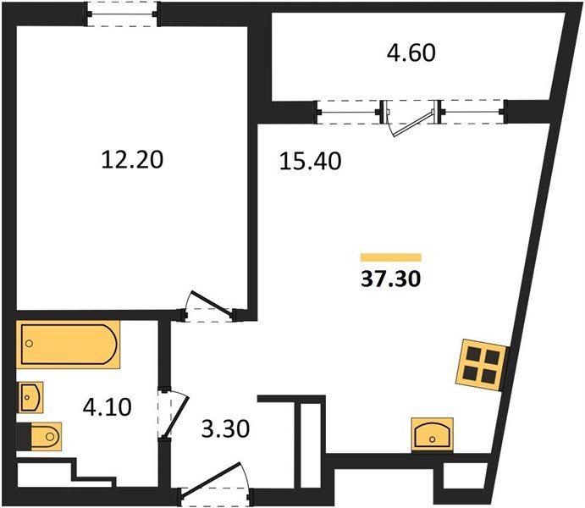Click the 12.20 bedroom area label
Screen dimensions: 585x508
[132, 160]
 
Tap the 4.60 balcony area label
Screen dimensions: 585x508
[411, 52]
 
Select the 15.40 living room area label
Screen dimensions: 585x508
[310, 162]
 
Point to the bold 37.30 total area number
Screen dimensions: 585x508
[390, 279]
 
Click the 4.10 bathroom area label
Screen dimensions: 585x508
[107, 407]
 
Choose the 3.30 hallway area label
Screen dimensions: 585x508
[225, 429]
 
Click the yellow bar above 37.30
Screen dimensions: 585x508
[390, 257]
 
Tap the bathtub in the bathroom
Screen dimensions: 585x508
[69, 345]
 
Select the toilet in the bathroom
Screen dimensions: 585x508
[40, 436]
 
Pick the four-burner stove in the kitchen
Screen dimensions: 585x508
[482, 365]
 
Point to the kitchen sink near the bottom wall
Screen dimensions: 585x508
[433, 435]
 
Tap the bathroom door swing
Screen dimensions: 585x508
[174, 414]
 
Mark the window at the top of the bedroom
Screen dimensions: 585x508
[123, 14]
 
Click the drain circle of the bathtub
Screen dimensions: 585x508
[30, 344]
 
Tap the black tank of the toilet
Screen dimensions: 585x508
[24, 437]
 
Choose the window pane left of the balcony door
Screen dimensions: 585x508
[349, 112]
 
